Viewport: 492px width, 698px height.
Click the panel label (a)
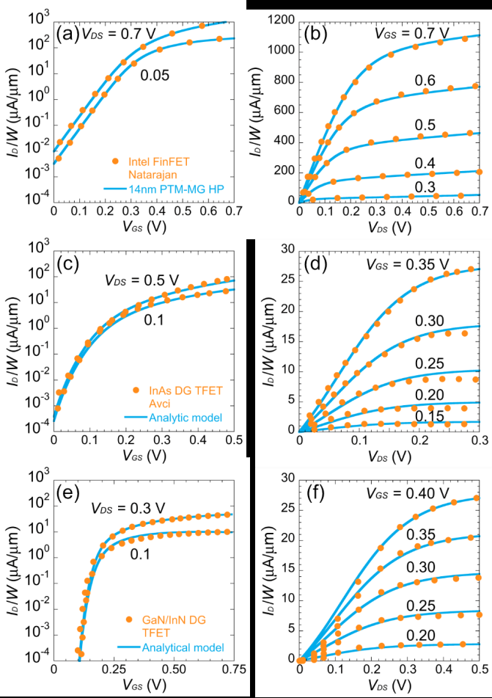pos(67,33)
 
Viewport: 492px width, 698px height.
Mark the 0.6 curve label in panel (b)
pos(435,79)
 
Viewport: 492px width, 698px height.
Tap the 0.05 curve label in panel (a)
pos(153,74)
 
